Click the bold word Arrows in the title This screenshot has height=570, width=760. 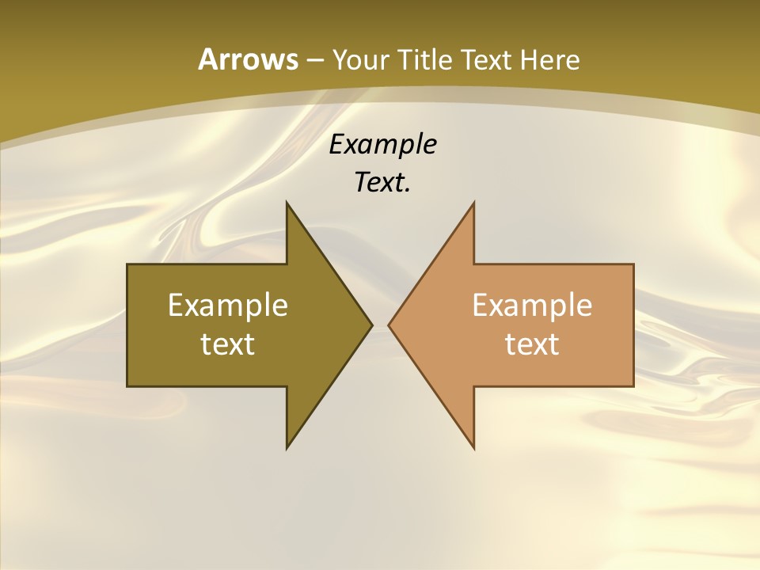(x=247, y=59)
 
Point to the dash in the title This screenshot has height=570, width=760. (x=314, y=60)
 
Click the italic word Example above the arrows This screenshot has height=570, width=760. (x=382, y=145)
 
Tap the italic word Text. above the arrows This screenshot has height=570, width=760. (x=382, y=183)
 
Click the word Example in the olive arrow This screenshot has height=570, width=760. (x=228, y=306)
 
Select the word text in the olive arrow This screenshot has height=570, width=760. (x=228, y=344)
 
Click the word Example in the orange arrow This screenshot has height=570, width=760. (x=532, y=306)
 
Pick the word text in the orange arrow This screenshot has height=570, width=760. (x=532, y=344)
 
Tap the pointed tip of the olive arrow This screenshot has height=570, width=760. (x=371, y=325)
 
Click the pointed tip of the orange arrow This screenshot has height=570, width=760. (x=389, y=325)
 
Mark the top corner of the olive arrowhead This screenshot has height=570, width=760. (x=287, y=203)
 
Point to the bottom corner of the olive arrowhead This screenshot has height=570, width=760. (x=287, y=447)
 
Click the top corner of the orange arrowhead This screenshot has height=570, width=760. (x=473, y=203)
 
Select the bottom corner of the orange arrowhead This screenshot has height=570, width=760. (x=473, y=447)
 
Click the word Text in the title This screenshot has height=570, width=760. (x=487, y=60)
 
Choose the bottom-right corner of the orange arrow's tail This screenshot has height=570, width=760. (x=633, y=386)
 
